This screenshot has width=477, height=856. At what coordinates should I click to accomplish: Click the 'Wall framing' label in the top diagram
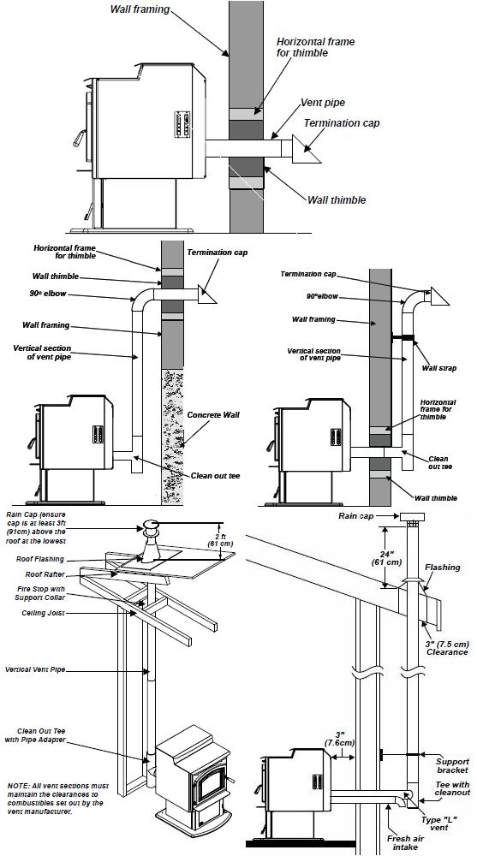tap(140, 9)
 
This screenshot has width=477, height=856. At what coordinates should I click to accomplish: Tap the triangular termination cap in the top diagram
tap(305, 148)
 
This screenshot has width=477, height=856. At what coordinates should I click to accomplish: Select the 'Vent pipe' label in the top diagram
tap(323, 103)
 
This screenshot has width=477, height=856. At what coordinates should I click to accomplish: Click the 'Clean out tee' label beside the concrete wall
tap(215, 475)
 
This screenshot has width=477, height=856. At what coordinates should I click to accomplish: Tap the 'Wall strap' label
tap(438, 368)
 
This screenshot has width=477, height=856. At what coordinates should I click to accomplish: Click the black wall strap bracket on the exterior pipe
tap(402, 338)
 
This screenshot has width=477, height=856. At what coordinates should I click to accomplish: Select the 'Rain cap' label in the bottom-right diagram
tap(355, 515)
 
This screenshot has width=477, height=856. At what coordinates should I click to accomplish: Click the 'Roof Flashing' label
tap(40, 559)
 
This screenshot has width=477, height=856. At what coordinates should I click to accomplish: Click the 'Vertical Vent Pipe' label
tap(35, 669)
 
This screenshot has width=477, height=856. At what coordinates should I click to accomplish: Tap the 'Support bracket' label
tap(452, 766)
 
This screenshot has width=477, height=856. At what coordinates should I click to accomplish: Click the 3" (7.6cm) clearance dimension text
tap(339, 739)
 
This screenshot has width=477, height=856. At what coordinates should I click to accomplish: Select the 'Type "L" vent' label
tap(437, 823)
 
